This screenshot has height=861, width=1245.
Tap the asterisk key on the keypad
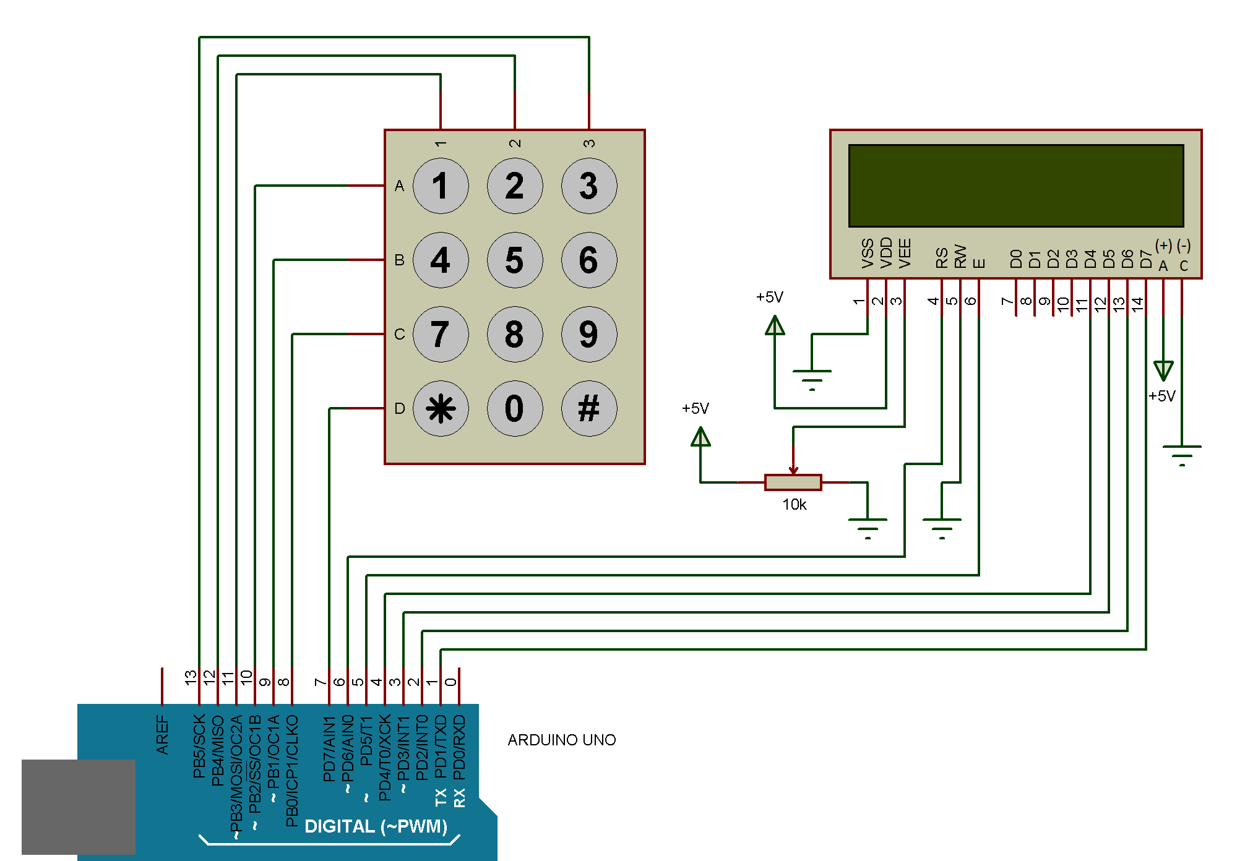pyautogui.click(x=441, y=408)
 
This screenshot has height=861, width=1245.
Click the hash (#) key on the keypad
pyautogui.click(x=588, y=408)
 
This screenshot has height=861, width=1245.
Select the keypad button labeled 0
pyautogui.click(x=514, y=408)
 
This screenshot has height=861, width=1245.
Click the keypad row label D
pyautogui.click(x=400, y=408)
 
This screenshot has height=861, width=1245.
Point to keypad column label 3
pyautogui.click(x=588, y=143)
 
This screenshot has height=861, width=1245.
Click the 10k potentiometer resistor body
pyautogui.click(x=793, y=482)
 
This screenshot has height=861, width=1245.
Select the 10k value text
pyautogui.click(x=795, y=505)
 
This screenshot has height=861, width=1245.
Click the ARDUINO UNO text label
pyautogui.click(x=561, y=740)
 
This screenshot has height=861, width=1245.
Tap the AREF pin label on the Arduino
pyautogui.click(x=162, y=735)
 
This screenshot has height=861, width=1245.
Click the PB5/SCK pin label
pyautogui.click(x=199, y=746)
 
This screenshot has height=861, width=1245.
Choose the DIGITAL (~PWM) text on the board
pyautogui.click(x=376, y=826)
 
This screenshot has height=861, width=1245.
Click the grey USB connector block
pyautogui.click(x=79, y=807)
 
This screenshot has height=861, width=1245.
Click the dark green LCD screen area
pyautogui.click(x=1015, y=186)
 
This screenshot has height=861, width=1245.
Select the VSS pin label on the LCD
pyautogui.click(x=868, y=253)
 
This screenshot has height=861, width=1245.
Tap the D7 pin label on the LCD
pyautogui.click(x=1146, y=259)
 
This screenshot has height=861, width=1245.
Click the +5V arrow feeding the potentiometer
pyautogui.click(x=700, y=438)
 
